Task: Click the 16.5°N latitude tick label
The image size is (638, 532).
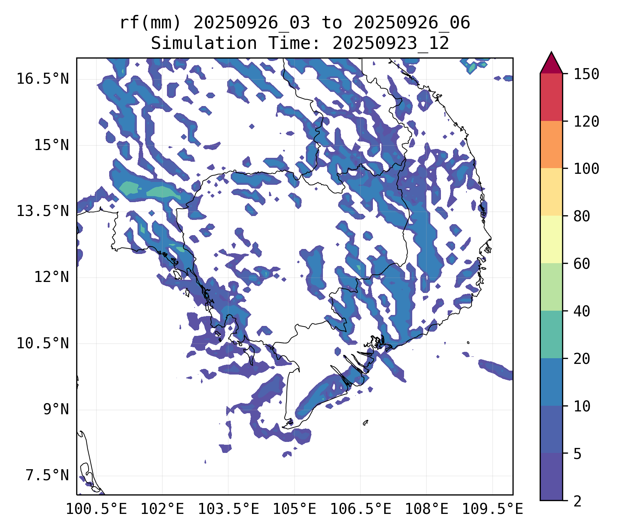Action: [43, 79]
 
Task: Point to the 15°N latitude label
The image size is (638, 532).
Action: [51, 145]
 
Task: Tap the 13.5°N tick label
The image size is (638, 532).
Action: [43, 211]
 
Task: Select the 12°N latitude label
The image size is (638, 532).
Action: [51, 277]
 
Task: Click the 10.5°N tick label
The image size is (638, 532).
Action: [43, 343]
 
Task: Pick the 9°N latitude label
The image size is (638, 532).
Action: [56, 409]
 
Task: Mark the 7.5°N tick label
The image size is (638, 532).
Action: [47, 476]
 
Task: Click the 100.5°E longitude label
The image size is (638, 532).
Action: [96, 509]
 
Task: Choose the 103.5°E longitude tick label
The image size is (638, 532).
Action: [228, 509]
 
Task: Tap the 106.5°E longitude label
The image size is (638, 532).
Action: [360, 509]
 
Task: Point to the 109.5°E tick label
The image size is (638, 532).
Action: [492, 509]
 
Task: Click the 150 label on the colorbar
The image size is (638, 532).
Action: [586, 74]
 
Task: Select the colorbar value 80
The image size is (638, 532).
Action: [582, 216]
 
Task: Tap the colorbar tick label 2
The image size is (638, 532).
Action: [577, 501]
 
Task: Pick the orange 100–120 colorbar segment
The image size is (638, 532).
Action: [551, 144]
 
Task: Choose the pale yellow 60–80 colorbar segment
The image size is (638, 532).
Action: [551, 239]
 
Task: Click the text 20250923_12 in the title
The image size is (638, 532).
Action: [391, 43]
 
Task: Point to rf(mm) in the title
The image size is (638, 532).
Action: [150, 23]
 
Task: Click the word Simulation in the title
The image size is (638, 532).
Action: [204, 43]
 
